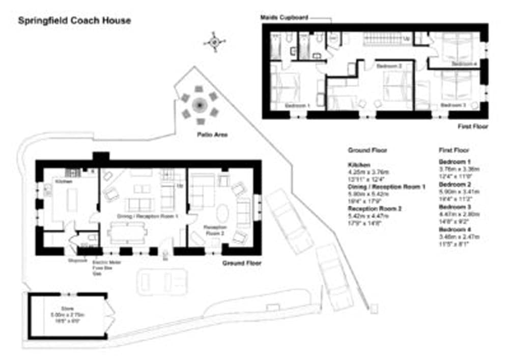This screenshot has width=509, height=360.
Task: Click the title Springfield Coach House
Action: tap(74, 21)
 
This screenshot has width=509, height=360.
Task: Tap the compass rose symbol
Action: tap(214, 41)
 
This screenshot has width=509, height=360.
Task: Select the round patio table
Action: tap(199, 106)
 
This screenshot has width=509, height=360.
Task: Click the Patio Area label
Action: tap(213, 135)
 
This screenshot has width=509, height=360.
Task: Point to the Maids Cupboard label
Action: tap(284, 18)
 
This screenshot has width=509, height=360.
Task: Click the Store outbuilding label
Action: tap(64, 308)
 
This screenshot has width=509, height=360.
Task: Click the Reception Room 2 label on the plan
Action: tap(214, 230)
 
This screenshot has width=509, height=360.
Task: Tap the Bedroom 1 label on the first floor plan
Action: tap(297, 105)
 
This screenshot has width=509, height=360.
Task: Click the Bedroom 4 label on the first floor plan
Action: tap(464, 64)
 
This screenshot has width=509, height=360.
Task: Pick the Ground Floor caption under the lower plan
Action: tap(242, 263)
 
